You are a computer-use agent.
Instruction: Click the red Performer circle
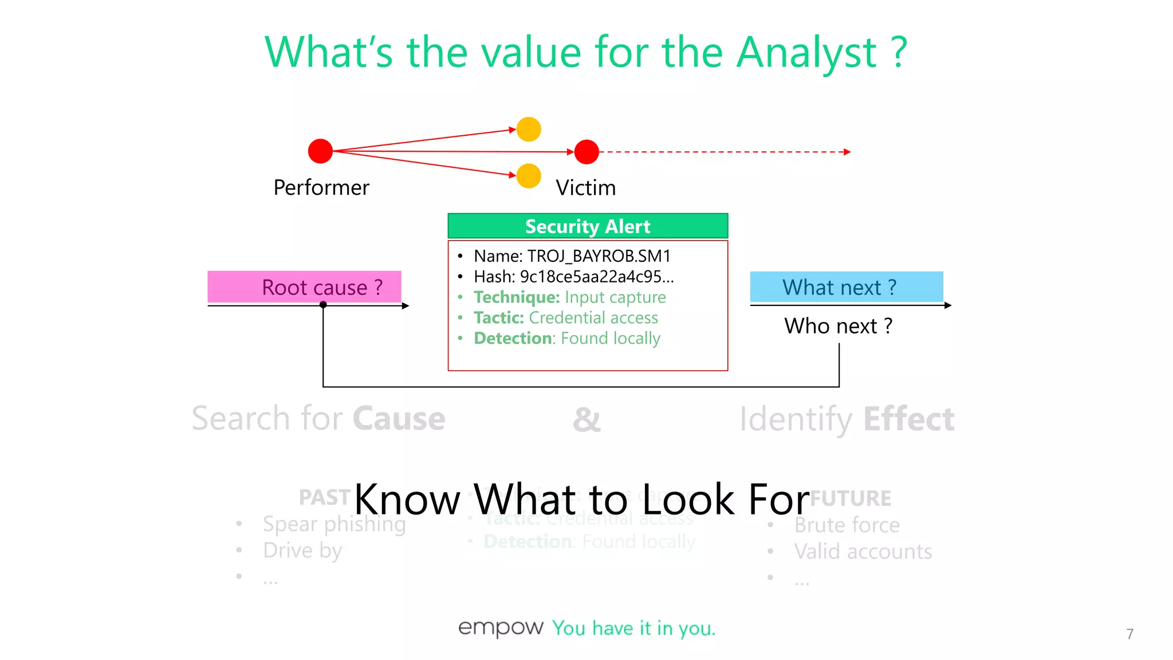tap(320, 151)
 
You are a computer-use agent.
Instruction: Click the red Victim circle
tap(586, 152)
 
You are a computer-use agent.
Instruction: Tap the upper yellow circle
tap(529, 129)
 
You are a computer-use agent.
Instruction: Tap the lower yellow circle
tap(529, 176)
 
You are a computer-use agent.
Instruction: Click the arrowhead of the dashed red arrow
tap(848, 152)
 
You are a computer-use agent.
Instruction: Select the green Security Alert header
tap(588, 226)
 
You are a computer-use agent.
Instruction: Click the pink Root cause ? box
tap(304, 287)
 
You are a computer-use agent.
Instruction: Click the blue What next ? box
tap(846, 287)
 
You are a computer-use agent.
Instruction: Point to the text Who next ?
tap(838, 326)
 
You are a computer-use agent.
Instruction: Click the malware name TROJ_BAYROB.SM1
tap(599, 256)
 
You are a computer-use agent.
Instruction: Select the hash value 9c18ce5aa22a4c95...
tap(596, 277)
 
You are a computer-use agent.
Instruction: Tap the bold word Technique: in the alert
tap(517, 297)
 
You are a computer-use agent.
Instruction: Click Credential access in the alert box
tap(593, 318)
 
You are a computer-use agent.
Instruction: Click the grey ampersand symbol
tap(586, 419)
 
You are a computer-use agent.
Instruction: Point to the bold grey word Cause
tap(399, 419)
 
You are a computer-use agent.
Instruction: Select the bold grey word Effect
tap(908, 419)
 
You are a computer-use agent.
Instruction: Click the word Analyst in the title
tap(806, 53)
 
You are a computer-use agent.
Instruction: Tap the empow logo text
tap(501, 628)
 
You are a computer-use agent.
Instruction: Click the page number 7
tap(1129, 634)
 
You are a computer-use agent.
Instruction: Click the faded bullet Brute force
tap(847, 525)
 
